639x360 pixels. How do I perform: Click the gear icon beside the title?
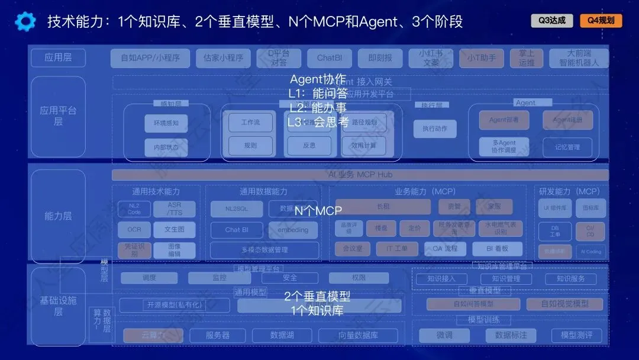[x=25, y=22]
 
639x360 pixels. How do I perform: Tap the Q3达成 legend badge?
[x=552, y=21]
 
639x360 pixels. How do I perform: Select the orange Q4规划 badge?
[x=601, y=21]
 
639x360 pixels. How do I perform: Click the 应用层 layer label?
[x=58, y=58]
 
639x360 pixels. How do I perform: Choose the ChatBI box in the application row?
[x=330, y=58]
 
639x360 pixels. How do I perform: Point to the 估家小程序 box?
[x=223, y=58]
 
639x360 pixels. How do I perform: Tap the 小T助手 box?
[x=481, y=58]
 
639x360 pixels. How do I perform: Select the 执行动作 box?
[x=435, y=128]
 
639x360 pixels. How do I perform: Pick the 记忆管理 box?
[x=567, y=147]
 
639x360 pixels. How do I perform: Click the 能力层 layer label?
[x=58, y=216]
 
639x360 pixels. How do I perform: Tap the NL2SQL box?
[x=237, y=208]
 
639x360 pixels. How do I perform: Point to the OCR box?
[x=134, y=230]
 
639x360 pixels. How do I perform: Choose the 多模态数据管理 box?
[x=264, y=250]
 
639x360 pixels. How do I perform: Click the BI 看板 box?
[x=489, y=249]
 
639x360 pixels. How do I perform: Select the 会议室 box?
[x=353, y=249]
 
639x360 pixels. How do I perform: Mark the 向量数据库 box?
[x=358, y=335]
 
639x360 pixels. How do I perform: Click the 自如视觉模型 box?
[x=564, y=304]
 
